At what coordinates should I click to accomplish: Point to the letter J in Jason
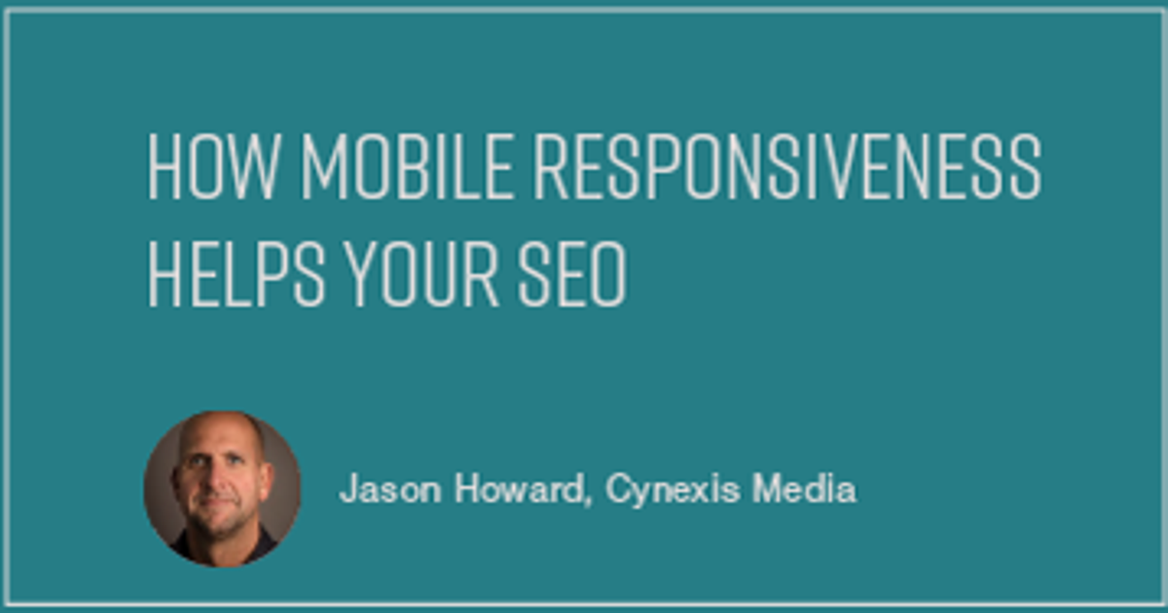pyautogui.click(x=347, y=489)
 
